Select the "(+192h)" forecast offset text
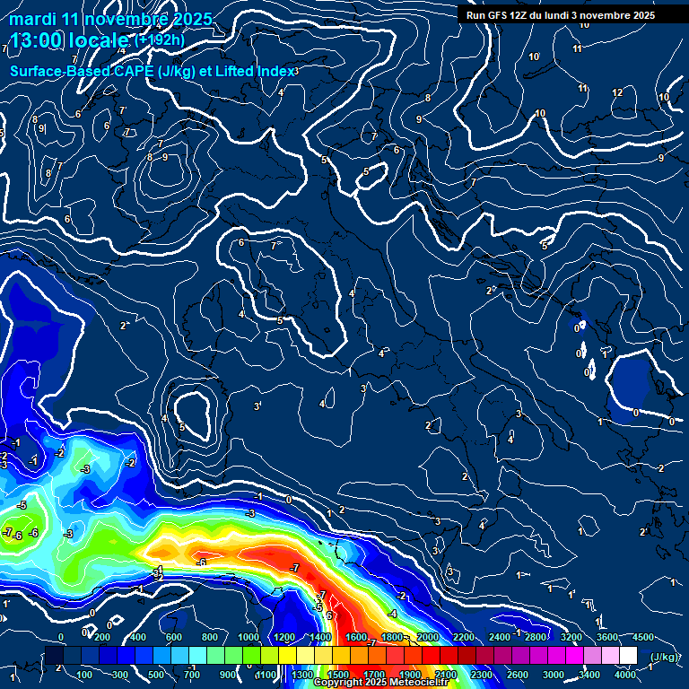(x=161, y=40)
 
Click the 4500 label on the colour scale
(x=643, y=637)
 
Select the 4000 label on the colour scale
(x=625, y=674)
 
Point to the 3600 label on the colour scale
(x=607, y=637)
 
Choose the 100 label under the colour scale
(x=84, y=674)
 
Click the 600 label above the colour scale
(x=174, y=637)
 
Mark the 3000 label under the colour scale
(x=554, y=674)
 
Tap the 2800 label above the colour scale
(x=536, y=637)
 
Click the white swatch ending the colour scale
(x=628, y=656)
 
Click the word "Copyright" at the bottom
(x=338, y=683)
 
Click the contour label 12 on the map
(x=617, y=92)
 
